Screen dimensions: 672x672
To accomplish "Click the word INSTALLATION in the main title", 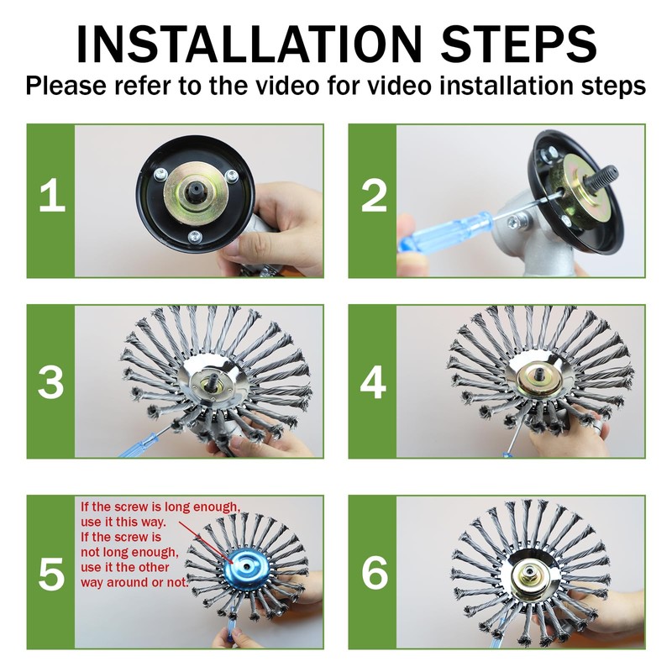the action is click(249, 45).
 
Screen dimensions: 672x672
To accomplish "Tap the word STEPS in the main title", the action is click(518, 45).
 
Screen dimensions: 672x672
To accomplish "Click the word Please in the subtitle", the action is click(66, 86).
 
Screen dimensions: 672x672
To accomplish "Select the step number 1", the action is click(52, 196).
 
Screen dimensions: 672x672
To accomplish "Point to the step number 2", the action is click(374, 196).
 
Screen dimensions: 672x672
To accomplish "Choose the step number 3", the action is click(51, 382).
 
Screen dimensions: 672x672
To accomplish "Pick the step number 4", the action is click(373, 382).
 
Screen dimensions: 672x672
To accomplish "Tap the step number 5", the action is click(51, 574).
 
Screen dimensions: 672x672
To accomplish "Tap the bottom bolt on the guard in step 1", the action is click(195, 236).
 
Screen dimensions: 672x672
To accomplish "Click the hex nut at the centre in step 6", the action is click(530, 571).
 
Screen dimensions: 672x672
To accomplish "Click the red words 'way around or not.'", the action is click(134, 582).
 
